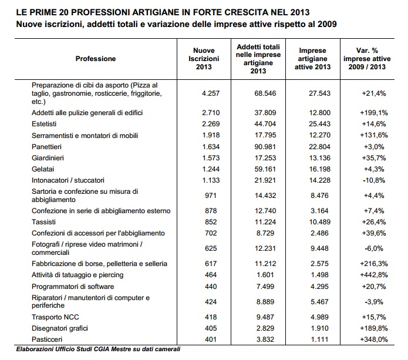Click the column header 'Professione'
[96, 59]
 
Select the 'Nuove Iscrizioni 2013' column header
[206, 59]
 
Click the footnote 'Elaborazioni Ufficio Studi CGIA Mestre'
[98, 349]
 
